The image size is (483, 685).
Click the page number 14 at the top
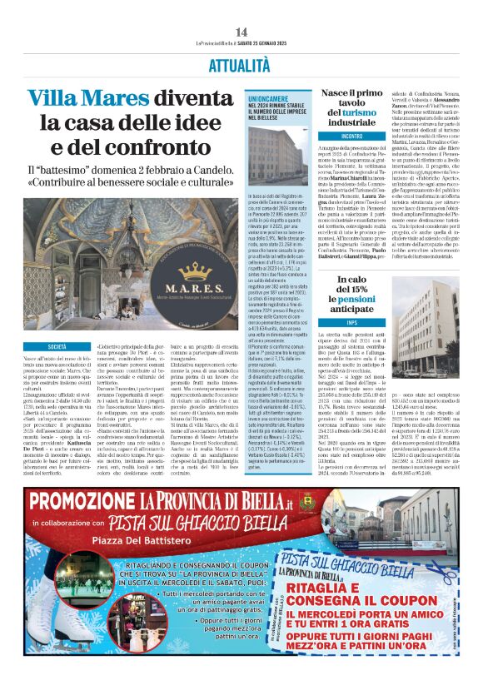241,32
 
